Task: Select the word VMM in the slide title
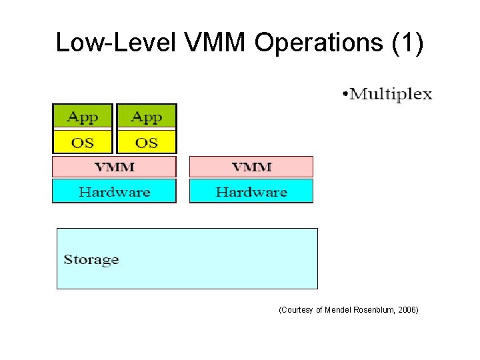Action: (213, 43)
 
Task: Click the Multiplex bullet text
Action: (391, 94)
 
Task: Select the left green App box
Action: (83, 117)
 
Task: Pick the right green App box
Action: (147, 117)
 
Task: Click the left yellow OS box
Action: (83, 142)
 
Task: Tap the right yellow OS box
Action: (147, 142)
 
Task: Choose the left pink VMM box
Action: (114, 167)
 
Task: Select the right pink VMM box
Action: (251, 167)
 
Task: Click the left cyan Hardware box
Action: (114, 192)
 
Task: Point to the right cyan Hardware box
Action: (251, 192)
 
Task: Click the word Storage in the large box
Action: (91, 259)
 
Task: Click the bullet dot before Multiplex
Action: (345, 95)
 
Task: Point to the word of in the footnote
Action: (319, 310)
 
